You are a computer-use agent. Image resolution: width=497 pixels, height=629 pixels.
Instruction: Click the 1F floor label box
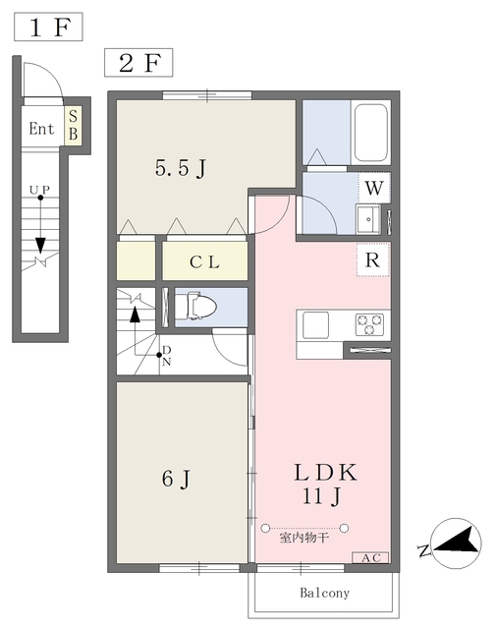coord(48,27)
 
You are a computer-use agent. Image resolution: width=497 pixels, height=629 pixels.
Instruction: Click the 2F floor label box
coord(138,63)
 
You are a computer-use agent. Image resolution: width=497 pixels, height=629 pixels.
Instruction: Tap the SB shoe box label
coord(73,125)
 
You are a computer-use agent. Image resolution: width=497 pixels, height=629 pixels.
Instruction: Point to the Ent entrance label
coord(41,129)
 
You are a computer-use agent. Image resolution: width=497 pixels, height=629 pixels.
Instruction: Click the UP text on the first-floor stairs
coord(39,190)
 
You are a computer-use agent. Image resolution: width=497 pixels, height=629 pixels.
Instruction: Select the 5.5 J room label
coord(181,168)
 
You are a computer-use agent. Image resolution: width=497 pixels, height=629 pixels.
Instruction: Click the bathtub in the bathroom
coord(370,132)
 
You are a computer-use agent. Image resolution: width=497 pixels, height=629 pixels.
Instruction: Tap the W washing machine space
coord(374,188)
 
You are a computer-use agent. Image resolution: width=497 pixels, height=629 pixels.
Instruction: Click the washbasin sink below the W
coord(368,218)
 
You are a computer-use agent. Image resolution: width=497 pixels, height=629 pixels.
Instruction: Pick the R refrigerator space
coord(373,259)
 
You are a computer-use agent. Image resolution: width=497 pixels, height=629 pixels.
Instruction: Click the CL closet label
coord(204,262)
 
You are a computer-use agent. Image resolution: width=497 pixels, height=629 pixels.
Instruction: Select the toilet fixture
coord(196,308)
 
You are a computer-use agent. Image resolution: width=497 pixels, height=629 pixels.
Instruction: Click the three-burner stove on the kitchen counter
coord(369,324)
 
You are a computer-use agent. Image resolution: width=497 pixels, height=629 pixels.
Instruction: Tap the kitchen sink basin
coord(315,325)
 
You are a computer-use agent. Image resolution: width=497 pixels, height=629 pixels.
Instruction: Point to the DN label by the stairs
coord(166,356)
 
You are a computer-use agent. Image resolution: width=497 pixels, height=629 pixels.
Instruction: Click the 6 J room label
coord(176,479)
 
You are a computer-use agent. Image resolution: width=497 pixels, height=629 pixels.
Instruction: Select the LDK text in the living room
coord(325,473)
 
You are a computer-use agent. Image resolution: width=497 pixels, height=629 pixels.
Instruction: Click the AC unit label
coord(370,557)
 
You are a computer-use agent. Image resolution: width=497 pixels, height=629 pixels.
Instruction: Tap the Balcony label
coord(325,593)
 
